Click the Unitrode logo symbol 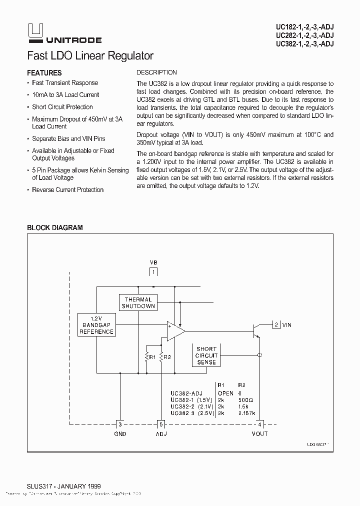point(36,31)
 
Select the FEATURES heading point(44,73)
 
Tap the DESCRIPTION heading point(156,72)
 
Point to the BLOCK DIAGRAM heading point(54,227)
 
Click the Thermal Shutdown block point(138,302)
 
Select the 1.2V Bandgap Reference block point(96,324)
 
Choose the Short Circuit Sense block point(206,355)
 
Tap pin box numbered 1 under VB point(153,271)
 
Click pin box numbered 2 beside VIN point(276,325)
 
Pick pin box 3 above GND point(120,424)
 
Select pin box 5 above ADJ point(161,424)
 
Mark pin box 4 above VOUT point(259,424)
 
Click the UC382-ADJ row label point(186,393)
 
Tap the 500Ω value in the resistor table point(246,400)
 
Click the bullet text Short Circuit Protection point(62,107)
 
